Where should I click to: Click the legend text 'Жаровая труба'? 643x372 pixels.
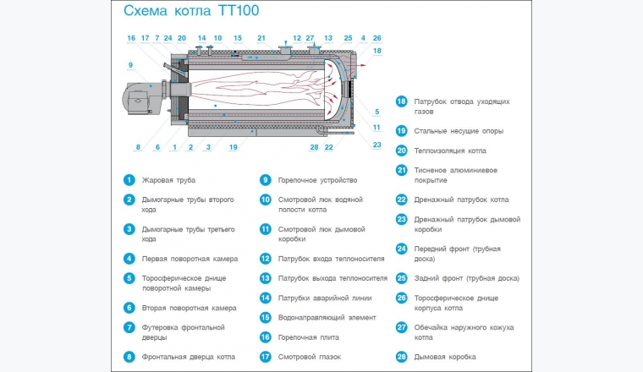point(168,180)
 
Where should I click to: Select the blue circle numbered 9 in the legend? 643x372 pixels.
point(265,180)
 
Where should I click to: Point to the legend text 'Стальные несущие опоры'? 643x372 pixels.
point(459,131)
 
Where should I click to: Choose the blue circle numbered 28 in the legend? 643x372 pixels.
point(401,357)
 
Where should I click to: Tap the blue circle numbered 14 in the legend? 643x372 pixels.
point(265,298)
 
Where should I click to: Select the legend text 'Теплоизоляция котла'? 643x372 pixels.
point(450,150)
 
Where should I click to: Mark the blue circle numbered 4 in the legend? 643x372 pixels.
point(129,259)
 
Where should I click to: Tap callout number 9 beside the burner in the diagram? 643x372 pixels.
point(130,65)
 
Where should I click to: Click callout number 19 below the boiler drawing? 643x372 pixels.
point(234,147)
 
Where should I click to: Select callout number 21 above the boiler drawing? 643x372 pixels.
point(261,38)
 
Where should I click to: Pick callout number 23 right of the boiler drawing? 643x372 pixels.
point(377,145)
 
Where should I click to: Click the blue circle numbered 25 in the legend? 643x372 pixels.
point(401,278)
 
